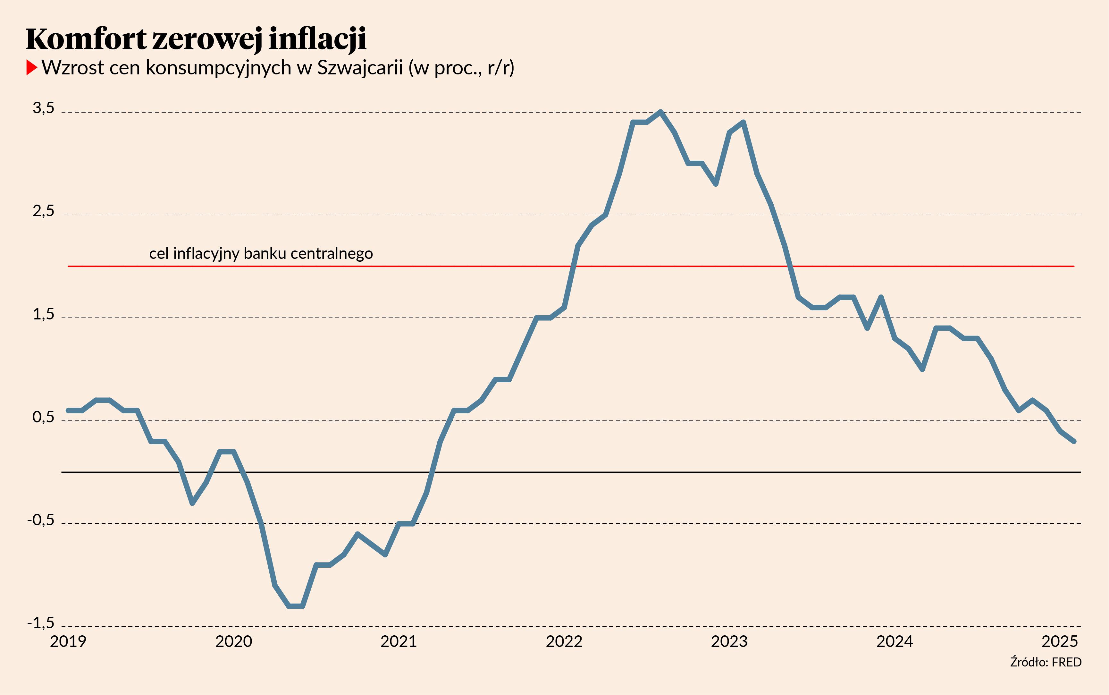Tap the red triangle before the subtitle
pos(31,68)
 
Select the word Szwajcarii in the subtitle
pos(360,68)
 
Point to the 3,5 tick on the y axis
pos(43,108)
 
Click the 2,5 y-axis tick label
pos(43,211)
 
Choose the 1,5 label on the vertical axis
pos(43,314)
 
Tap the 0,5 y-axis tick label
pos(43,417)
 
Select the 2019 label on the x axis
pos(68,641)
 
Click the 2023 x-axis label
pos(729,641)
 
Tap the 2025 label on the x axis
pos(1059,641)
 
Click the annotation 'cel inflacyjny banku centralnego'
pos(261,254)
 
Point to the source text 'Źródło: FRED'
pos(1046,662)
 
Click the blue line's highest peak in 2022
pos(660,112)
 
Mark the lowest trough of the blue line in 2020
pos(295,606)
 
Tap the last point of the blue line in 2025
pos(1074,441)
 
